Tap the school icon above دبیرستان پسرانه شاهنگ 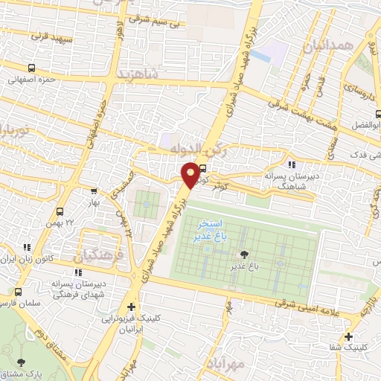click(x=292, y=164)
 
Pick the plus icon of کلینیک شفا click(x=348, y=336)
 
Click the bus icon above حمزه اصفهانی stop click(x=13, y=78)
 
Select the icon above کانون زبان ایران click(x=27, y=247)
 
